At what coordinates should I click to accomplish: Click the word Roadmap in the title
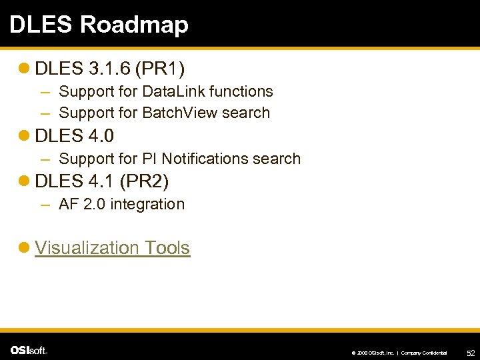(134, 24)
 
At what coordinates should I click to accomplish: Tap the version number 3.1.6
(108, 68)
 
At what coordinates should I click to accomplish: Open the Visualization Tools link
(112, 247)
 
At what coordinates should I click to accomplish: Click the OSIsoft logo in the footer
(29, 350)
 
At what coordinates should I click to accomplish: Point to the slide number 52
(470, 351)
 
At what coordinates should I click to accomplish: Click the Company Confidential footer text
(424, 352)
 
